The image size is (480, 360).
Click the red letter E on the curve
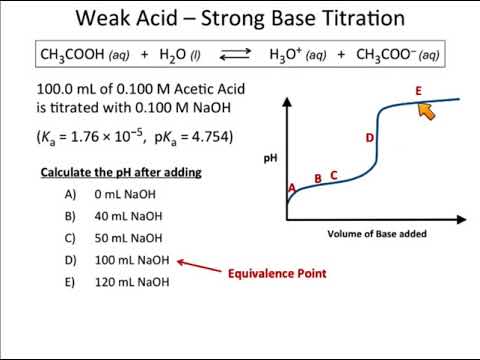(419, 91)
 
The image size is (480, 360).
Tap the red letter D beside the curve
(370, 138)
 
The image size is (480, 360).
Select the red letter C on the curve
(334, 175)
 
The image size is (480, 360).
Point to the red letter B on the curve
(318, 179)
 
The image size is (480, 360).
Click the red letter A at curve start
(292, 188)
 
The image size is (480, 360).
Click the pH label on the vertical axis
(270, 158)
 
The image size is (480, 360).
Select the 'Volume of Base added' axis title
(376, 234)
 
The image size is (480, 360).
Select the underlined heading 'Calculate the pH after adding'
(121, 172)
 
